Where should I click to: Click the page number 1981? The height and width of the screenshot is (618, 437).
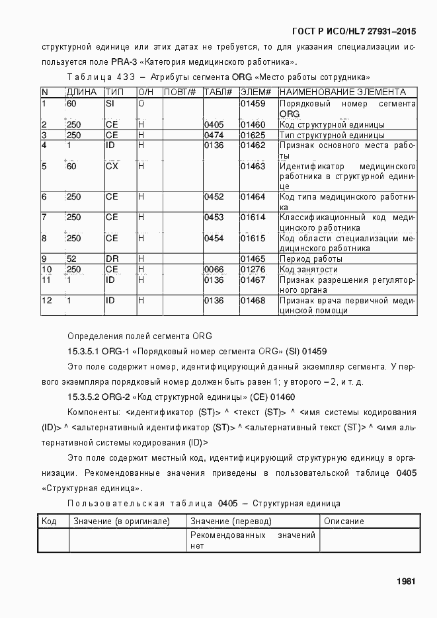pyautogui.click(x=405, y=582)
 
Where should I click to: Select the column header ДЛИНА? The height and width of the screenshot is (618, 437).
pyautogui.click(x=81, y=92)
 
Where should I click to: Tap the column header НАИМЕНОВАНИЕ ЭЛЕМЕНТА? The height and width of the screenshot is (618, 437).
pyautogui.click(x=342, y=92)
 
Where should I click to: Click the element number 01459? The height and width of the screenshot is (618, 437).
pyautogui.click(x=253, y=104)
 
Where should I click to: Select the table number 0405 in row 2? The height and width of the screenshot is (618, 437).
pyautogui.click(x=214, y=125)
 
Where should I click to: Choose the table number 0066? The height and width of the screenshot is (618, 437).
pyautogui.click(x=214, y=270)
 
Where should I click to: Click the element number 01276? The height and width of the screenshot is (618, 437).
pyautogui.click(x=253, y=270)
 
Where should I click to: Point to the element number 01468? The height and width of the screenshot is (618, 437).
pyautogui.click(x=253, y=301)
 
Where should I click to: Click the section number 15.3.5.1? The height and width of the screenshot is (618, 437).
pyautogui.click(x=84, y=352)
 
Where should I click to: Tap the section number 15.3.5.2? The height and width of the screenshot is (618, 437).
pyautogui.click(x=84, y=397)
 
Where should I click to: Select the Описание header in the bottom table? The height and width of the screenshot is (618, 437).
pyautogui.click(x=344, y=521)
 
